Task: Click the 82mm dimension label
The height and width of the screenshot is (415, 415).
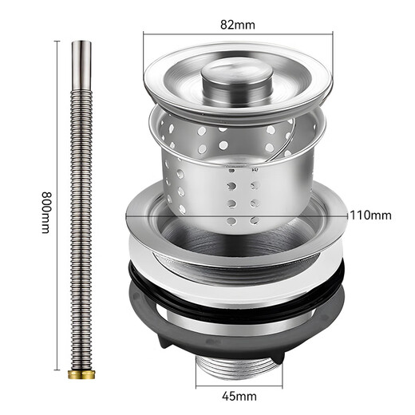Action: tap(239, 25)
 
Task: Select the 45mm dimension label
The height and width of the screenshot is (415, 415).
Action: tap(238, 393)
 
